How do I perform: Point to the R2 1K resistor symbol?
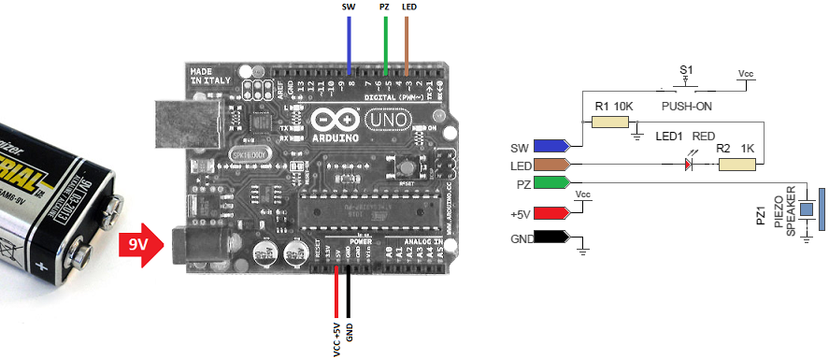736,165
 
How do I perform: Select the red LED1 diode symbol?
689,165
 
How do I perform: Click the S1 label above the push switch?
686,70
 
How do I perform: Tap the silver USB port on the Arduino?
188,120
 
